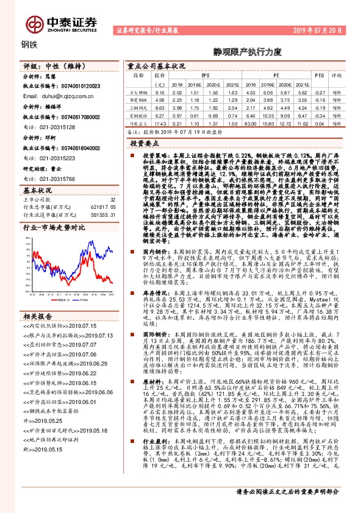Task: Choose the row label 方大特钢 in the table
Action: pos(139,91)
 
